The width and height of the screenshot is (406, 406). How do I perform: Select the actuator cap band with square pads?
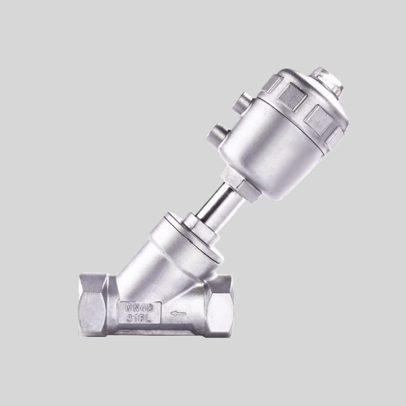pyautogui.click(x=304, y=101)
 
